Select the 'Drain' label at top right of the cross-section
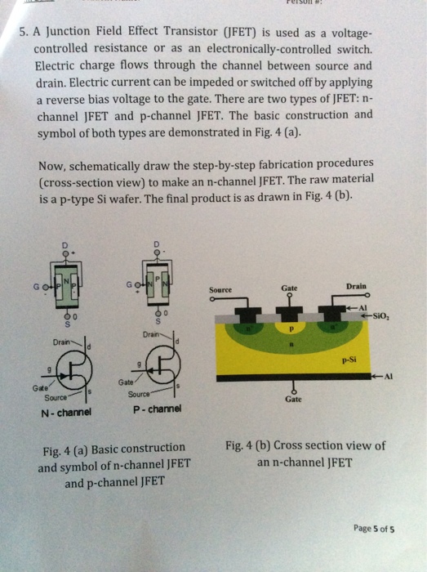point(356,287)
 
